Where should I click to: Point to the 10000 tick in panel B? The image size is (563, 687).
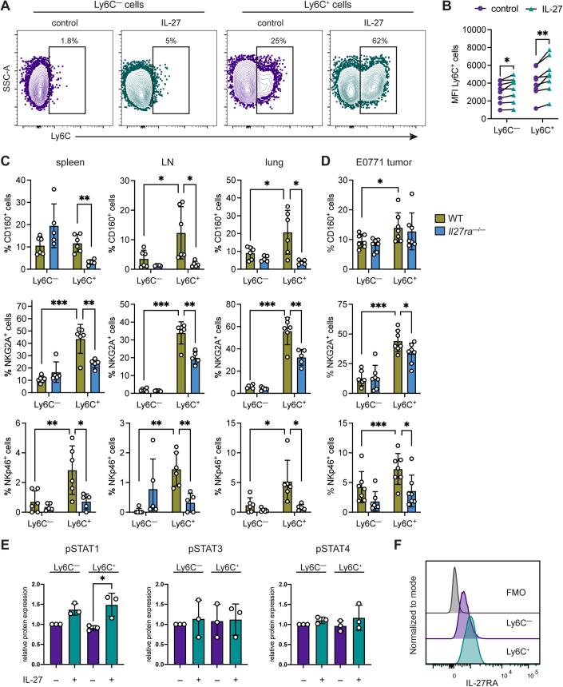click(x=431, y=29)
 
